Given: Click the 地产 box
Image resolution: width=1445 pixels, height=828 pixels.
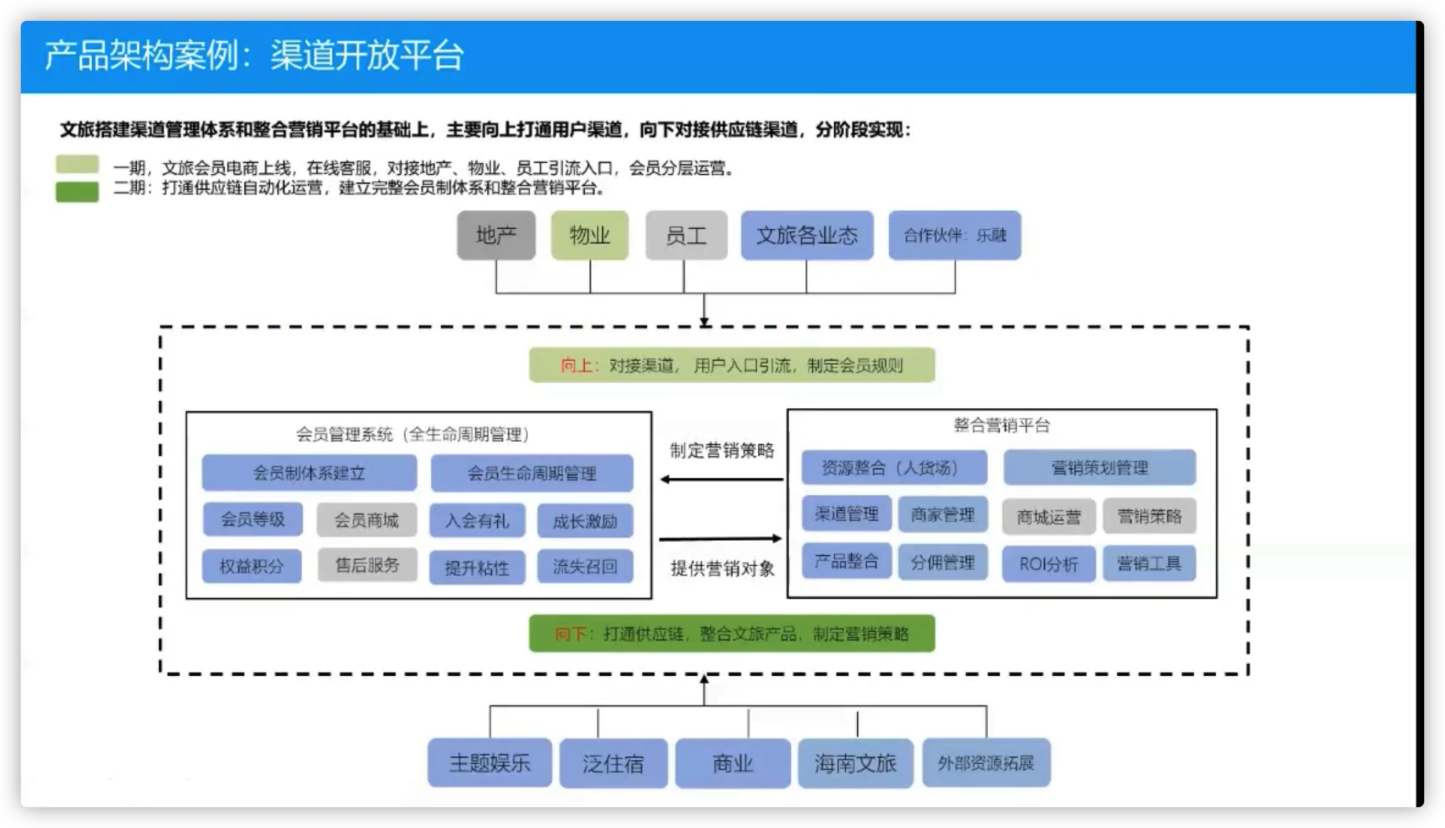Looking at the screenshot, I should (496, 235).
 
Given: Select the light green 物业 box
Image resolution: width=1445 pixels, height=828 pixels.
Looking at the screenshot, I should (589, 235).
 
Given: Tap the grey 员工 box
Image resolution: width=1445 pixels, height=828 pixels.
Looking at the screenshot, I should (686, 235).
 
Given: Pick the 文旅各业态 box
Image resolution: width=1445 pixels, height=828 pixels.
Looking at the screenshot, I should (807, 235).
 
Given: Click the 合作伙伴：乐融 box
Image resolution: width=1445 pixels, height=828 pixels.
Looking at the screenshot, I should (955, 235).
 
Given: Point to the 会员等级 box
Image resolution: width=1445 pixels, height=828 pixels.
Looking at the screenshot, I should (252, 519).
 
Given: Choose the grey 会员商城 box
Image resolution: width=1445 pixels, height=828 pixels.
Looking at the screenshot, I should (366, 520).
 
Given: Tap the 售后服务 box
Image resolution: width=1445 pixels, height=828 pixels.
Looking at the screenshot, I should (367, 565).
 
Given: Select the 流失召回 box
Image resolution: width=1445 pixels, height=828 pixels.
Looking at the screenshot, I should (585, 566).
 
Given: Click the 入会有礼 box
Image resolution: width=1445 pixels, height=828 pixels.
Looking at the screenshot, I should (477, 521).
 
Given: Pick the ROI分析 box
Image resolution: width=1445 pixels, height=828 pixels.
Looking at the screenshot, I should (1048, 564).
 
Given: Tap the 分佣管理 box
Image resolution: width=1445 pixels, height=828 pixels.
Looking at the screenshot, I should (942, 562).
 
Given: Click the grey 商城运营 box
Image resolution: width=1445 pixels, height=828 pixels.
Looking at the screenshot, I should (1048, 516).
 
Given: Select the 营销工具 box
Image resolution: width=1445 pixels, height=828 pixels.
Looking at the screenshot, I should (1149, 563).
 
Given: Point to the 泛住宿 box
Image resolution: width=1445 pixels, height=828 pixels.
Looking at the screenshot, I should (613, 763).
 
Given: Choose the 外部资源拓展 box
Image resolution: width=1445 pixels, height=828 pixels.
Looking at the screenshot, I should (986, 763).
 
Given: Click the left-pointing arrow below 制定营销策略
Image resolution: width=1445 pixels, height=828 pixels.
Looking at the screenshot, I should (721, 479).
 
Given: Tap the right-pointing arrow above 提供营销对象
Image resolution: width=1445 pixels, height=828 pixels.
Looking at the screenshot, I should (721, 539).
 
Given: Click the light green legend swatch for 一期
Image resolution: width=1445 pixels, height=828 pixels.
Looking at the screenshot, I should (77, 164).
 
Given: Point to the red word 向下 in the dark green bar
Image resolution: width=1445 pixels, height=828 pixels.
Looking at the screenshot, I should (570, 634).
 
